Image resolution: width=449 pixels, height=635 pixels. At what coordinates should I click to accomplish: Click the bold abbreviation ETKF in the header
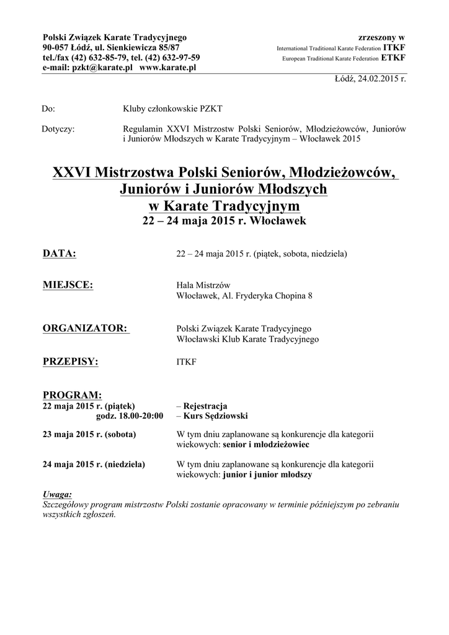[394, 58]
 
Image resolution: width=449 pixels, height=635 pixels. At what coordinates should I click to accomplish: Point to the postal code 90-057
[56, 48]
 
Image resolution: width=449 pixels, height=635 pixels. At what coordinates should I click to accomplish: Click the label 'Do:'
[48, 109]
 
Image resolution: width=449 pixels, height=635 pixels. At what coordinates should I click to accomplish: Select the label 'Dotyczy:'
[58, 129]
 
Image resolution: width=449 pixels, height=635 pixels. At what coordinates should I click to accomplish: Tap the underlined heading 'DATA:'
[59, 254]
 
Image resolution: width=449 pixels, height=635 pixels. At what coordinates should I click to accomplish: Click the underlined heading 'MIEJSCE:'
[68, 285]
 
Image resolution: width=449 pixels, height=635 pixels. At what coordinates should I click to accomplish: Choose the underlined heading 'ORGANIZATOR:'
[86, 328]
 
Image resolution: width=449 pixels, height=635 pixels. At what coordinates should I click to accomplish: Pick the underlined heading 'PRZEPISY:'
[70, 362]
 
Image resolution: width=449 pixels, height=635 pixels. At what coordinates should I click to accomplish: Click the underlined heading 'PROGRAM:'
[71, 395]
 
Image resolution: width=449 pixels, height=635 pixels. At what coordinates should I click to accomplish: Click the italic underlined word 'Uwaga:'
[57, 494]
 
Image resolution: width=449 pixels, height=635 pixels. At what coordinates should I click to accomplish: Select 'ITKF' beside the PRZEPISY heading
[187, 362]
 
